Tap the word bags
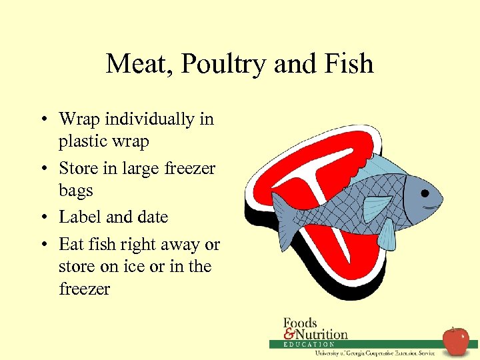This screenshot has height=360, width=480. click(x=75, y=191)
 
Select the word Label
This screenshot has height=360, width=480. click(x=80, y=217)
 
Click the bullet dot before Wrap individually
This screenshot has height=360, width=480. click(x=42, y=120)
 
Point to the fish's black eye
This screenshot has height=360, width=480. click(x=424, y=193)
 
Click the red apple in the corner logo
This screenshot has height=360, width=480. click(x=456, y=341)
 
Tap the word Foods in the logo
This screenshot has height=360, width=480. click(x=301, y=323)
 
